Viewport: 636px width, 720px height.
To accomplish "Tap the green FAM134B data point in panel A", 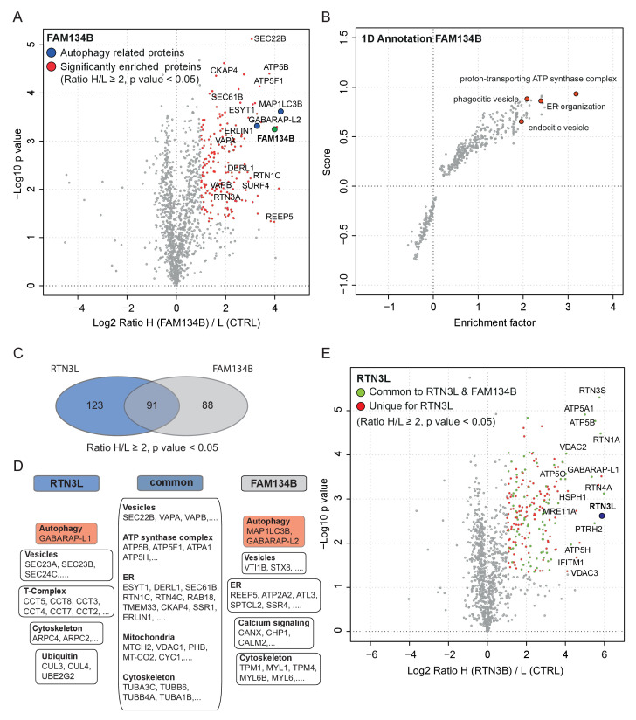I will tap(274, 129).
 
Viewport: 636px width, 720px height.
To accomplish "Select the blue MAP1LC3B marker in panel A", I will tap(280, 112).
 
